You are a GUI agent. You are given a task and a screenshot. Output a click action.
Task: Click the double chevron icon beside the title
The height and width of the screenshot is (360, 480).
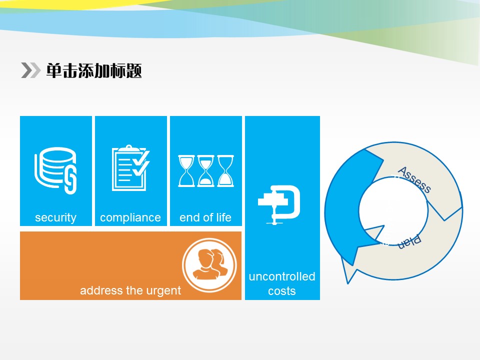(x=30, y=70)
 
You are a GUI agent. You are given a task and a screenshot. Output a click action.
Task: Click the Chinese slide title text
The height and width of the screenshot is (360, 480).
(x=94, y=70)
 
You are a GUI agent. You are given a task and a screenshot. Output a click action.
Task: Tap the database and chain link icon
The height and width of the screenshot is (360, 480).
(x=55, y=170)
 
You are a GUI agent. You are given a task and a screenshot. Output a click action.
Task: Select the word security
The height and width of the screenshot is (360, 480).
(x=55, y=217)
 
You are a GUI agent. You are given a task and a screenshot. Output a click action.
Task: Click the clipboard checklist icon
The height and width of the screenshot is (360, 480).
(x=130, y=168)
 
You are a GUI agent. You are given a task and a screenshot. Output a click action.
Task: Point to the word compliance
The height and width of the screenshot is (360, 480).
(x=130, y=217)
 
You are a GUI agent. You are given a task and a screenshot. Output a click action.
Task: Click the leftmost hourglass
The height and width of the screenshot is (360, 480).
(x=186, y=171)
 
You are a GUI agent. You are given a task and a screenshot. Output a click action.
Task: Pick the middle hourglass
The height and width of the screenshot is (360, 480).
(x=205, y=171)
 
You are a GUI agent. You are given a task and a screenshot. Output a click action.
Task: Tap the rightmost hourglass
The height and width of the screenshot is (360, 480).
(x=225, y=171)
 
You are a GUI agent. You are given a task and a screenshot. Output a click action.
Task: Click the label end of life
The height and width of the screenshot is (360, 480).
(x=205, y=217)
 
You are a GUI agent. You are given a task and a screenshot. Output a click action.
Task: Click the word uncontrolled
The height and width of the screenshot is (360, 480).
(x=282, y=276)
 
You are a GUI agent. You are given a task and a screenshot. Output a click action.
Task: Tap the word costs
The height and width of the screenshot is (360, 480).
(x=282, y=291)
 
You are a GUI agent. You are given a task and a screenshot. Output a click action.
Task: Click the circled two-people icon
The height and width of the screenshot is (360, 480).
(x=209, y=265)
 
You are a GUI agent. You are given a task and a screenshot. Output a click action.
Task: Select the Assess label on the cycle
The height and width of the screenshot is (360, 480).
(x=414, y=179)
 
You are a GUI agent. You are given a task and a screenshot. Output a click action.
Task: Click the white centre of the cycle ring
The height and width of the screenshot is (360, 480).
(x=393, y=211)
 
